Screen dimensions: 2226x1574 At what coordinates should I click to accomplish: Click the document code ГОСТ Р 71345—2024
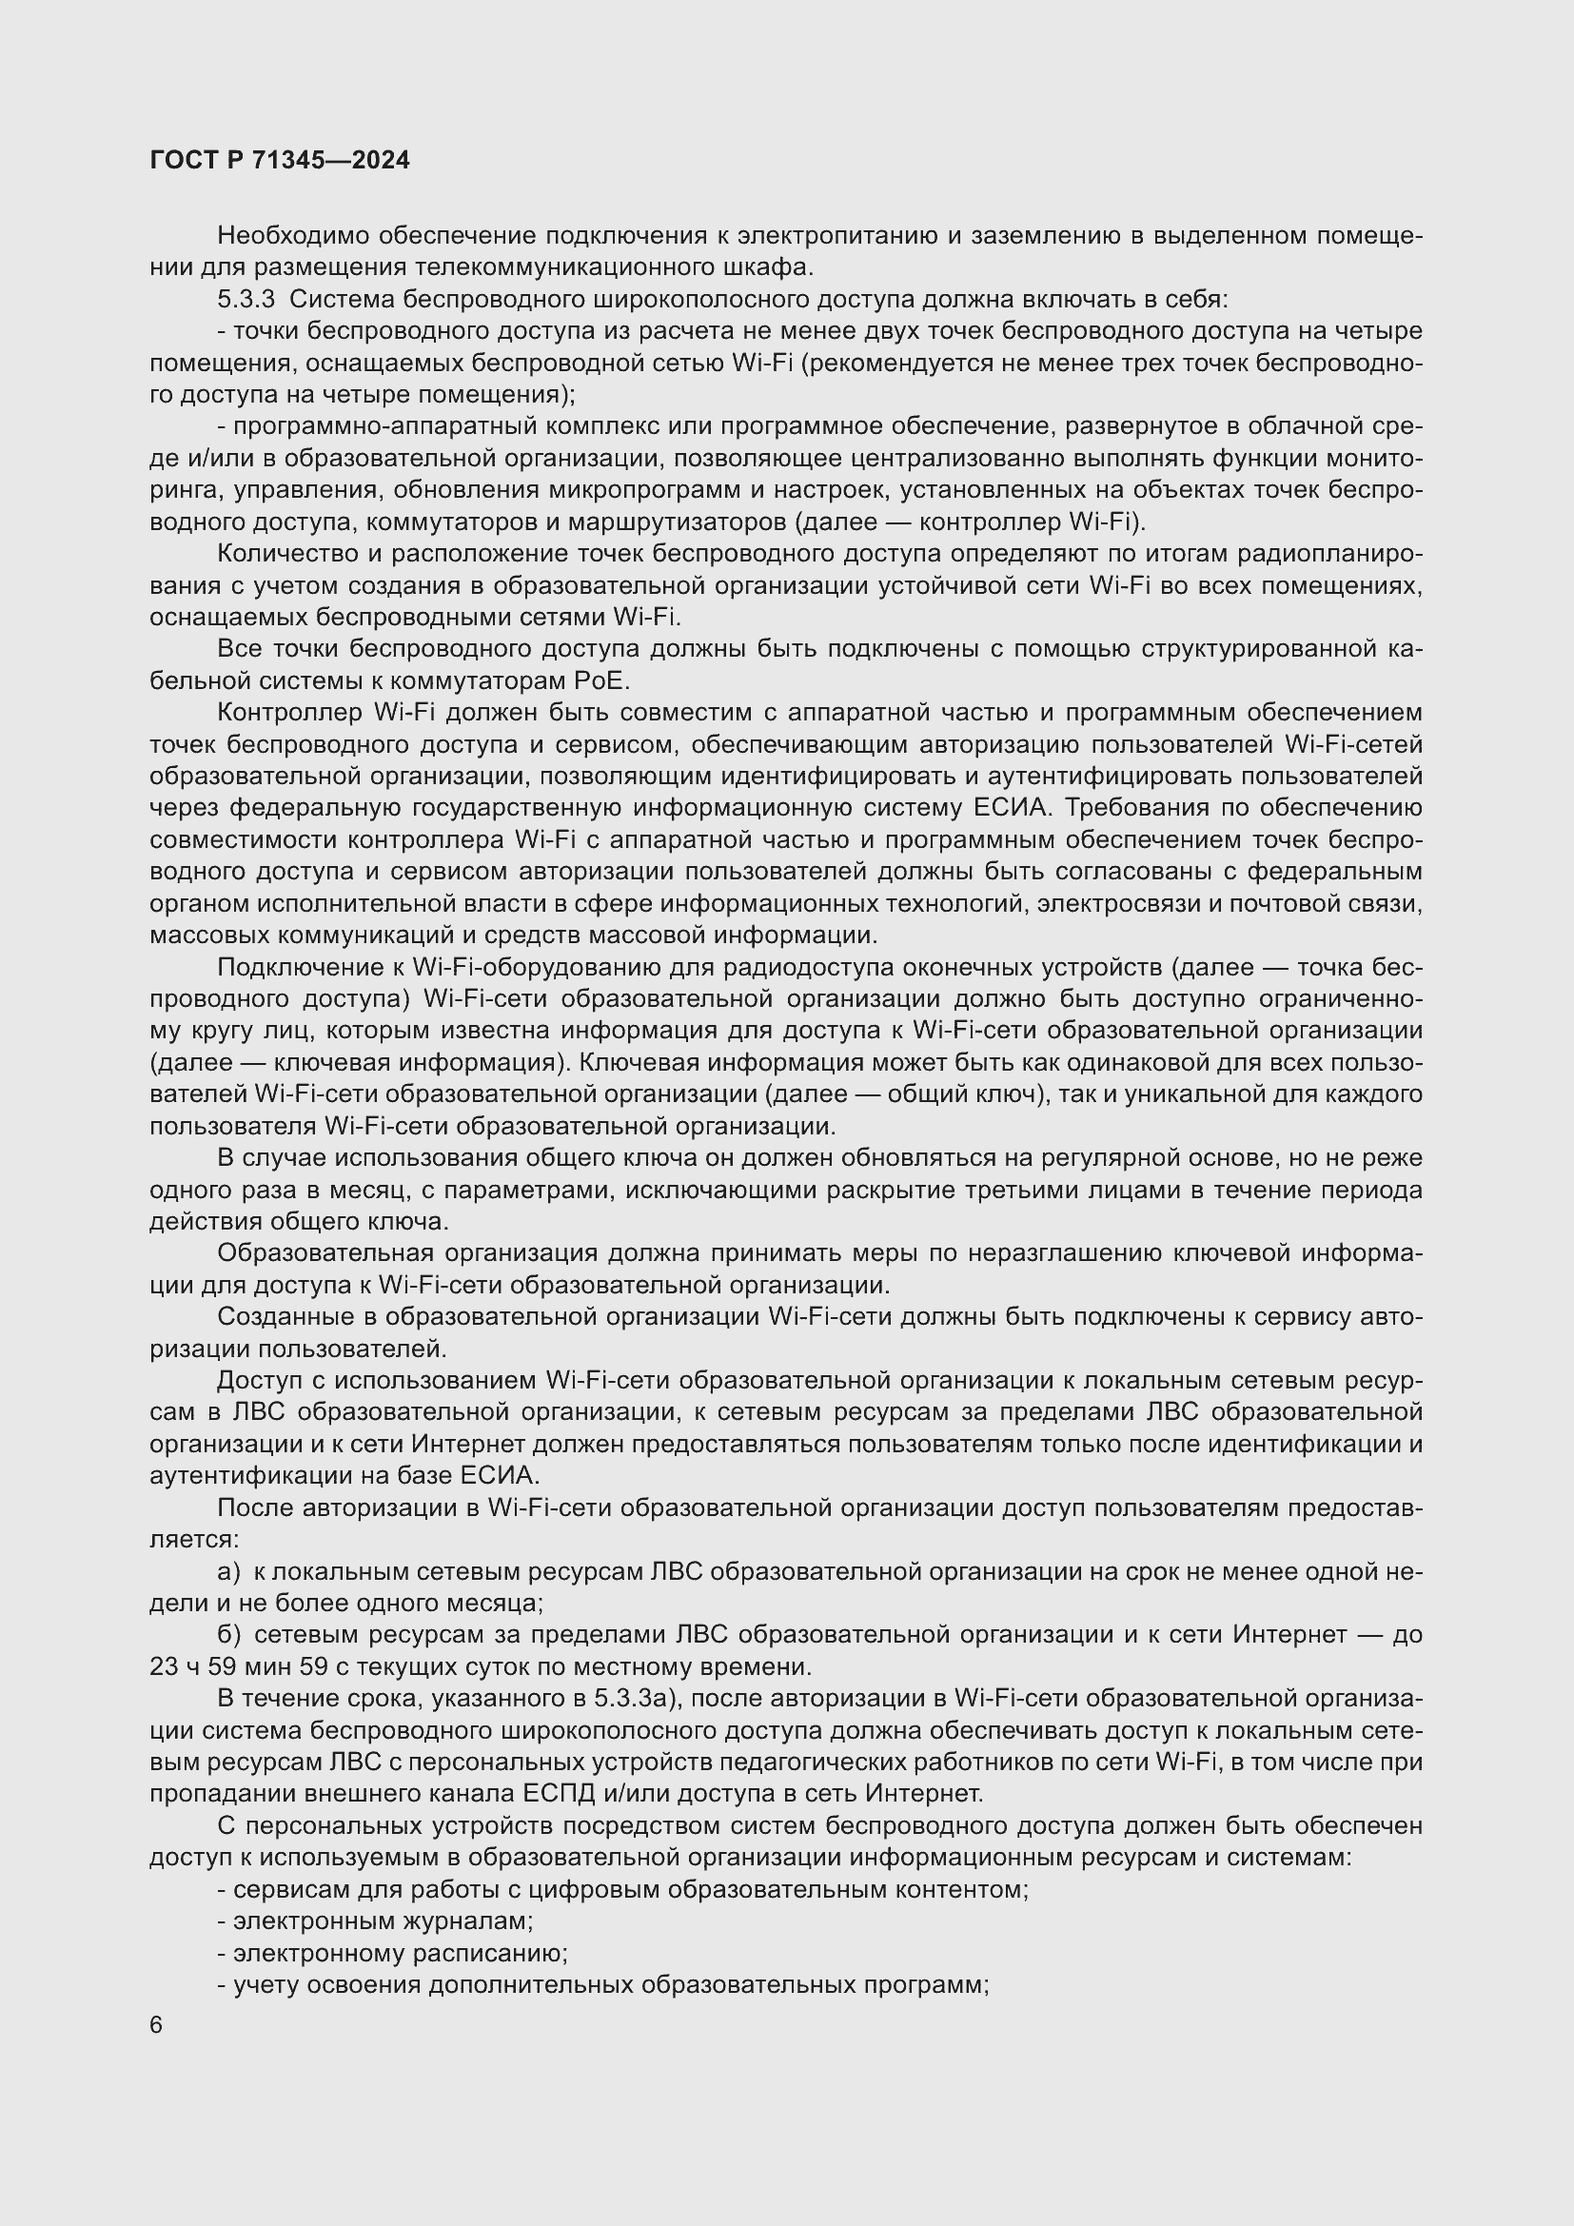coord(280,161)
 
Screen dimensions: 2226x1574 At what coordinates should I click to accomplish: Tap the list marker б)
coord(230,1635)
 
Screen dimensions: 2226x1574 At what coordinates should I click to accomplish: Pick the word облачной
coord(1295,426)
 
